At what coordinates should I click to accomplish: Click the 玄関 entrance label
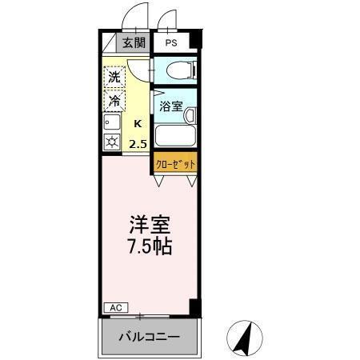point(133,43)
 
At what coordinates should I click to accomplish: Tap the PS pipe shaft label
point(172,43)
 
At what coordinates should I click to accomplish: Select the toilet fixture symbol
point(174,70)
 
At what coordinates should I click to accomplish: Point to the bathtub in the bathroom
point(173,134)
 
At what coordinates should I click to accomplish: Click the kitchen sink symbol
point(112,123)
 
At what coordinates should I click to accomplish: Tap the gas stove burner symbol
point(112,144)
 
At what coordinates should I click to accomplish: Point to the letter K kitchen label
point(138,124)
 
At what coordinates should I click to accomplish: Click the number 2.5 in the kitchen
point(138,144)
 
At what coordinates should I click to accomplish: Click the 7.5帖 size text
point(150,245)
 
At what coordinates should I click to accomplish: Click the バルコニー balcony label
point(150,337)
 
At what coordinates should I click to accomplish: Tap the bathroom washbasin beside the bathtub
point(190,117)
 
